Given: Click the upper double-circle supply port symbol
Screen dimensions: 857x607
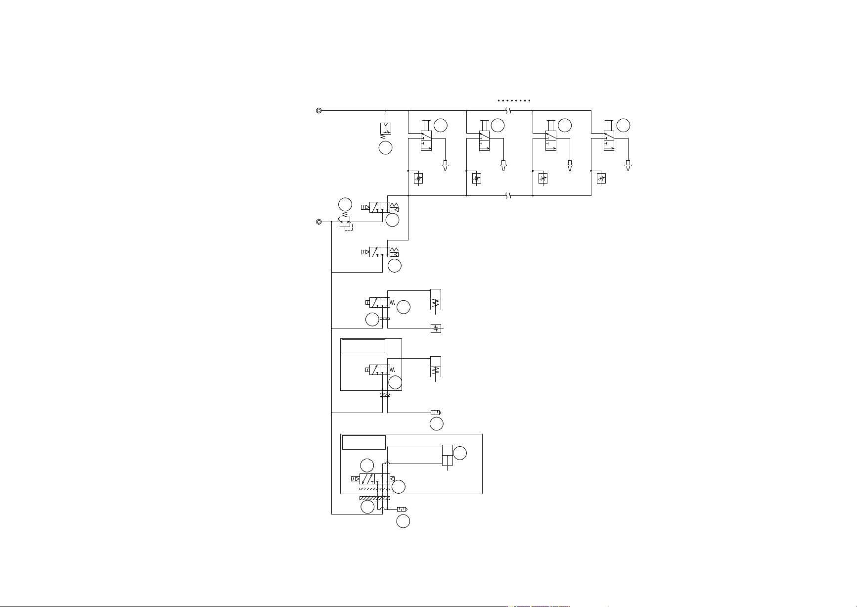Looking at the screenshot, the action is click(319, 111).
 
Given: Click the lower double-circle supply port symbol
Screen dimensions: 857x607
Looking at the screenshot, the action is click(319, 222).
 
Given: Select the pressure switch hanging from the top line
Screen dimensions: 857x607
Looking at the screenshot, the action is click(386, 129).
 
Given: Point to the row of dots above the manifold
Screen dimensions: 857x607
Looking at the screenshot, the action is click(514, 100).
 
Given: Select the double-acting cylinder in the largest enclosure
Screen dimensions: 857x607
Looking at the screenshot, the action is click(447, 455).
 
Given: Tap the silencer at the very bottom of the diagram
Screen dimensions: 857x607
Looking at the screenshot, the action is click(402, 509).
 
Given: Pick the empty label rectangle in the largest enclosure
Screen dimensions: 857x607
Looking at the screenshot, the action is click(364, 442).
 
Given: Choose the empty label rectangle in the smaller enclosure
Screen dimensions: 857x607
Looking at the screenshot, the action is click(363, 346).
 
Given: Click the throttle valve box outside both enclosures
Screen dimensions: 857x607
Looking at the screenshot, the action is click(436, 328).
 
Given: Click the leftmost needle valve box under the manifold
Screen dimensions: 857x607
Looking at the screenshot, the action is click(418, 179).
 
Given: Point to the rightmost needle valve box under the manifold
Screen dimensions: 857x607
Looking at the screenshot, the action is click(601, 179).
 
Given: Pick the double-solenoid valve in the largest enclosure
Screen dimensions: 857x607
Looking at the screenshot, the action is click(374, 479).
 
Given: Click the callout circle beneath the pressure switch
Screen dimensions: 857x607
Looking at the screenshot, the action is click(385, 147).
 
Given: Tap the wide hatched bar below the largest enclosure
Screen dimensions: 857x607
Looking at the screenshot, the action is click(374, 498).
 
